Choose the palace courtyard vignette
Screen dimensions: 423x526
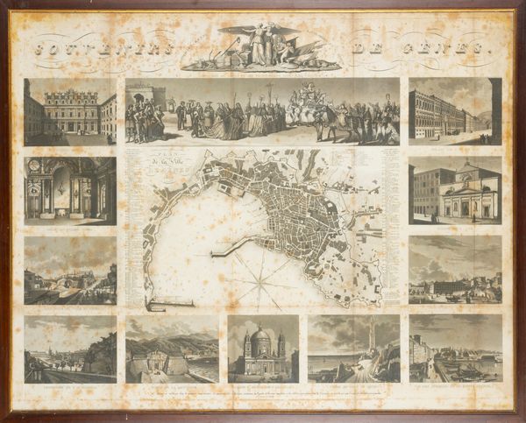click(x=70, y=111)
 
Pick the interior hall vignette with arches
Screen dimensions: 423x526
click(x=70, y=190)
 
